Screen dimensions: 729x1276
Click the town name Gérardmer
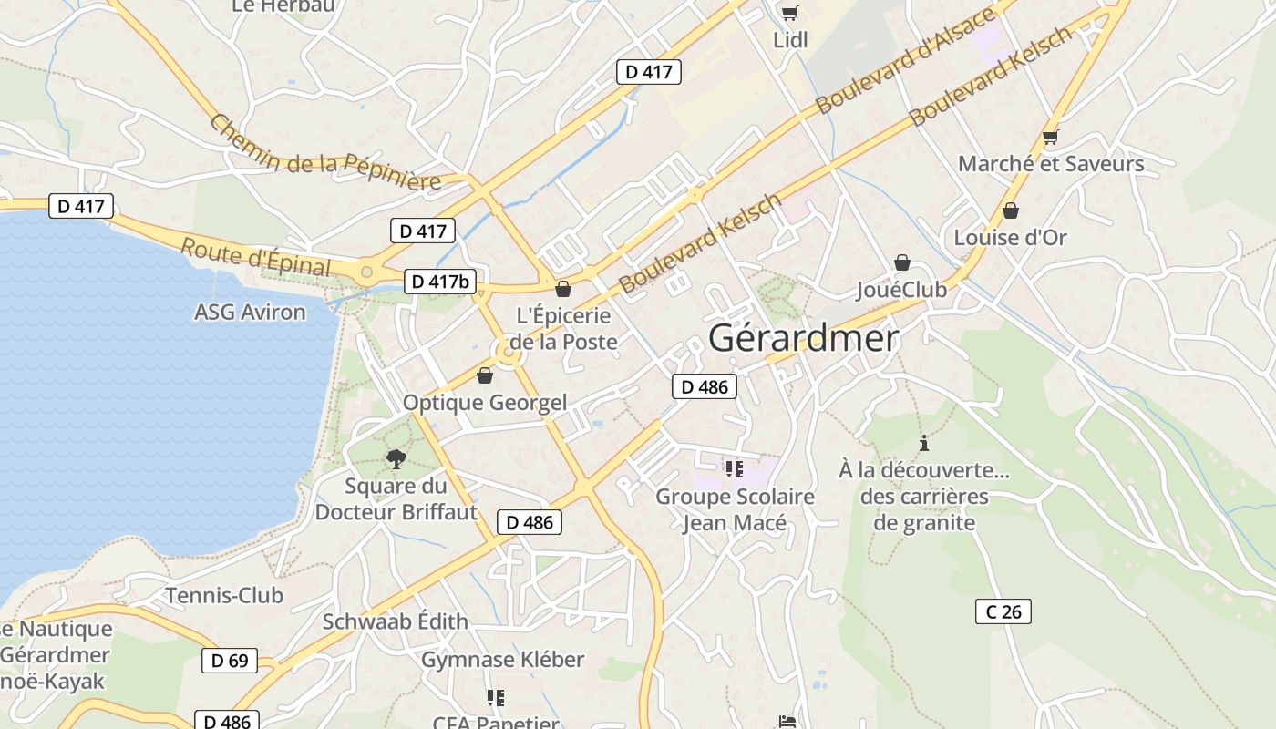point(803,338)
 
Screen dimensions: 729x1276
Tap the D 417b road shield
point(440,282)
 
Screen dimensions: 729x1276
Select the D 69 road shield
point(230,660)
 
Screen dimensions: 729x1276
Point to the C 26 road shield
point(1003,611)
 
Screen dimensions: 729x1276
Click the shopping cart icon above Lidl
point(789,13)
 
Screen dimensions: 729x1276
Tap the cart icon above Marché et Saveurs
point(1050,138)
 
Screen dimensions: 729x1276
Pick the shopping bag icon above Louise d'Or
point(1010,210)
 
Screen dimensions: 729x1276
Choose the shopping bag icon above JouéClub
point(901,262)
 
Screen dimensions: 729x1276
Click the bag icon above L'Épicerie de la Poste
point(563,289)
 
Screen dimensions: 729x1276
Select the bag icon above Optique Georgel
point(485,375)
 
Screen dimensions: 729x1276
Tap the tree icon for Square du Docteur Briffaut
point(396,458)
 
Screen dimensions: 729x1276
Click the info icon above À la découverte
point(924,444)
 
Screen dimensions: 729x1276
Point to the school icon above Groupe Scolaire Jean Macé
point(735,469)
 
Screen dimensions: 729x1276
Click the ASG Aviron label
point(250,312)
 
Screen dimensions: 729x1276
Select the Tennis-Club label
point(224,596)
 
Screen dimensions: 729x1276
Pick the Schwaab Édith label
point(396,621)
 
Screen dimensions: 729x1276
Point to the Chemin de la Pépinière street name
point(325,153)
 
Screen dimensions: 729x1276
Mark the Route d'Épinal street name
point(255,256)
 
